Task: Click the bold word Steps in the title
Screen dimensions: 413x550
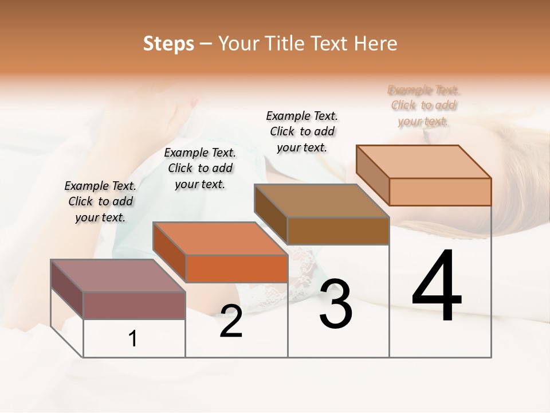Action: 168,44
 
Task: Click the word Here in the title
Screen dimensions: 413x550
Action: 376,44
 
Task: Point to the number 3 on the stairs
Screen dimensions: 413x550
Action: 336,304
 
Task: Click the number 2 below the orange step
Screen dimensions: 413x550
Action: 231,321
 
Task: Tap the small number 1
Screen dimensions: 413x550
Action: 133,338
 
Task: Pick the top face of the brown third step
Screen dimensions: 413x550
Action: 322,201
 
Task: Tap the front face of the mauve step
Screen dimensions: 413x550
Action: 134,305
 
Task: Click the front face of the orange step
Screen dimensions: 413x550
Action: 236,268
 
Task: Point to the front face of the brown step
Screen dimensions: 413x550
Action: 338,231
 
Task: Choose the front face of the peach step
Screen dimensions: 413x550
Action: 440,192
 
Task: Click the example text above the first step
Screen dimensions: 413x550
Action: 100,201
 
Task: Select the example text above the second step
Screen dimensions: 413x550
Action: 200,168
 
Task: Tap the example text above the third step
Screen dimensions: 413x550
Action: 302,131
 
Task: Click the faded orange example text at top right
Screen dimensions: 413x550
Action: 423,106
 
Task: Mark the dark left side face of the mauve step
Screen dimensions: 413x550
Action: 67,289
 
